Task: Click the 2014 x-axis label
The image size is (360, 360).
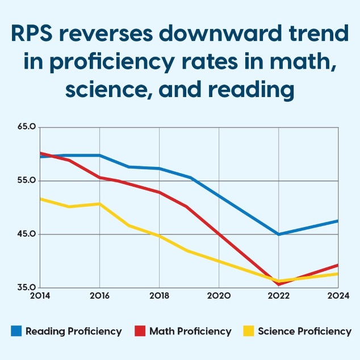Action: tap(40, 296)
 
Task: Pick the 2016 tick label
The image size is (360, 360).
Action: tap(99, 296)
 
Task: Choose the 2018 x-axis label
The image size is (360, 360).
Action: tap(159, 296)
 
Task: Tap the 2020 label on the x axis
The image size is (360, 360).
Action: tap(219, 296)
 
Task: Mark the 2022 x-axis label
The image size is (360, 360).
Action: tap(278, 296)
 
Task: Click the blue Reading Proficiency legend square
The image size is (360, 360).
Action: tap(16, 331)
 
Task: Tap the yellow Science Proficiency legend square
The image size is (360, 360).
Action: tap(248, 331)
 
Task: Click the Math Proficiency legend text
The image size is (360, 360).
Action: tap(190, 331)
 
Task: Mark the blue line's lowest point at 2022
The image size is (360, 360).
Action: tap(278, 234)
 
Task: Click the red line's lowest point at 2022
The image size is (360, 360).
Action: tap(278, 284)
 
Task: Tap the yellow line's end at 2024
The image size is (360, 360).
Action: tap(337, 274)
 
